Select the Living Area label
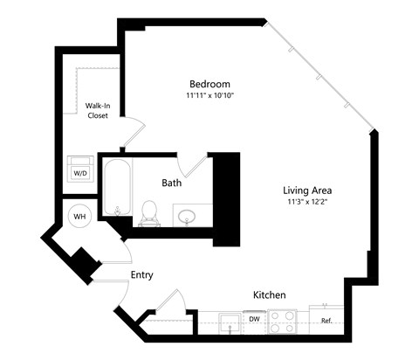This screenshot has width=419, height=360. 306,190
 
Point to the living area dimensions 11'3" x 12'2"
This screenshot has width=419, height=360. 306,201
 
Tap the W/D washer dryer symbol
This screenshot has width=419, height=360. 80,169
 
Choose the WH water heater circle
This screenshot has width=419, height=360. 79,215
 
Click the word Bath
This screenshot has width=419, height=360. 172,183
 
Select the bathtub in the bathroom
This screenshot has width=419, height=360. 116,187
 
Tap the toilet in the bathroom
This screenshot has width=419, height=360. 148,211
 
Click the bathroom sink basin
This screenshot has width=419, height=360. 187,214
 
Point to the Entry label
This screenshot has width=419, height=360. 141,275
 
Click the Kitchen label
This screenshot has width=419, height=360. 270,295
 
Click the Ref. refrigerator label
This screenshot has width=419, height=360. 326,321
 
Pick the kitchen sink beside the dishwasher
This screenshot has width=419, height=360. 230,322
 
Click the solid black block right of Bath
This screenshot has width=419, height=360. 226,197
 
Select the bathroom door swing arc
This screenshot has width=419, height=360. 191,163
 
